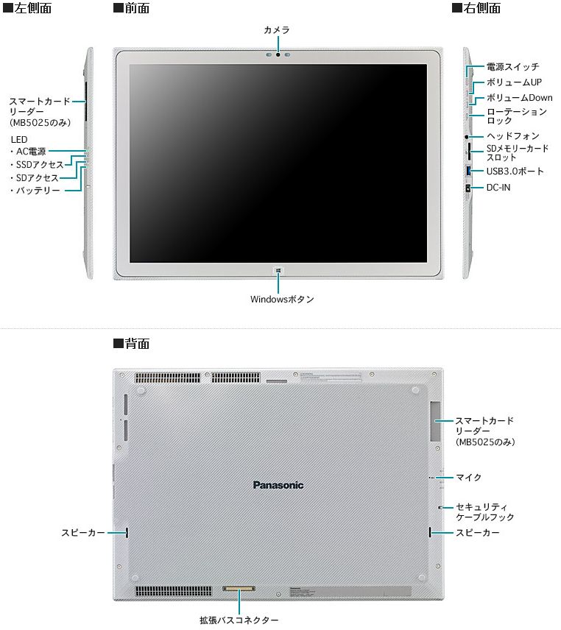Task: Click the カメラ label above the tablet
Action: (x=277, y=29)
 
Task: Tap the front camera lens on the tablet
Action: (x=278, y=54)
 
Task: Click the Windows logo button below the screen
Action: (x=278, y=271)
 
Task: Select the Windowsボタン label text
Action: (x=282, y=299)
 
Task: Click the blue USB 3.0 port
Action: (x=468, y=170)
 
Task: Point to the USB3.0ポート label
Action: (x=515, y=171)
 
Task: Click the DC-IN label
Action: (x=498, y=187)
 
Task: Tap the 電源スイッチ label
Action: (x=512, y=67)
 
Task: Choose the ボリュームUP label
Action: (x=514, y=82)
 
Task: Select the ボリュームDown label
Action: (x=519, y=98)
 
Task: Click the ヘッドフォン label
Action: (x=512, y=136)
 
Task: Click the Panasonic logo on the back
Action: (x=278, y=485)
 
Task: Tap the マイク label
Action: (x=468, y=478)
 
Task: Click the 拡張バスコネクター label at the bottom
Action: (x=239, y=620)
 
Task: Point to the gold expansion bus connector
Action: (x=239, y=589)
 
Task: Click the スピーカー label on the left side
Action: (x=83, y=532)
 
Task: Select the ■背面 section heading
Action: (x=131, y=344)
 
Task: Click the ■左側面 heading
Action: (x=27, y=8)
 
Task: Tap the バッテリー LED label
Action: (x=35, y=190)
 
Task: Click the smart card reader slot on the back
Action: (x=435, y=421)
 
